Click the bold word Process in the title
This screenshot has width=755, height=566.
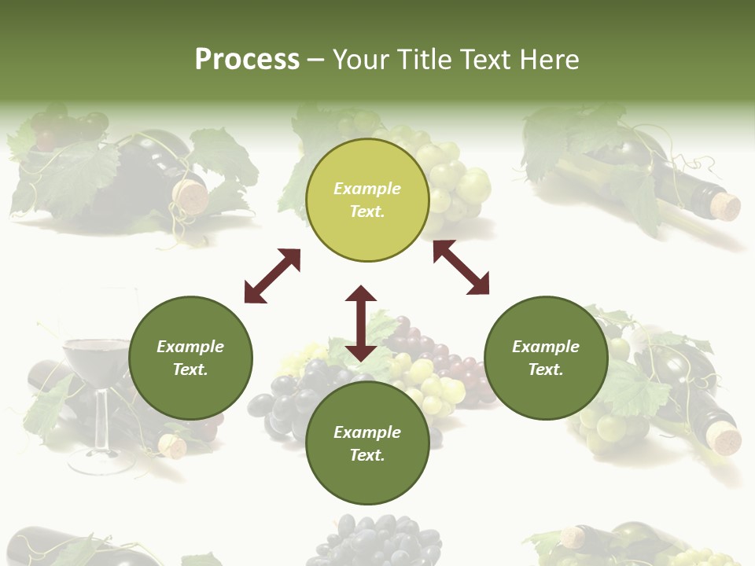click(x=247, y=59)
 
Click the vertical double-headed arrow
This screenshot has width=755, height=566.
click(x=361, y=323)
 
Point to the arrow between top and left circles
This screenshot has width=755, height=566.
click(x=272, y=276)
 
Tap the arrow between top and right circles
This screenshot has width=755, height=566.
click(x=461, y=267)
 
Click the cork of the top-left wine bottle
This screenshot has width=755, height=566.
click(x=192, y=197)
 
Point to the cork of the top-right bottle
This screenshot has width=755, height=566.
click(x=726, y=207)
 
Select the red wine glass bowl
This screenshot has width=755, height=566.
click(x=97, y=357)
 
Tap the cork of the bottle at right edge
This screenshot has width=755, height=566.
click(x=723, y=436)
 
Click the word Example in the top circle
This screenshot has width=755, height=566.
click(x=367, y=189)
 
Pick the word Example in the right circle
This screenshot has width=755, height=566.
click(x=546, y=347)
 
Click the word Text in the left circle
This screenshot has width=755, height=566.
click(x=190, y=369)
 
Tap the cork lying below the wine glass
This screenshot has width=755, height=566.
click(x=172, y=447)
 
